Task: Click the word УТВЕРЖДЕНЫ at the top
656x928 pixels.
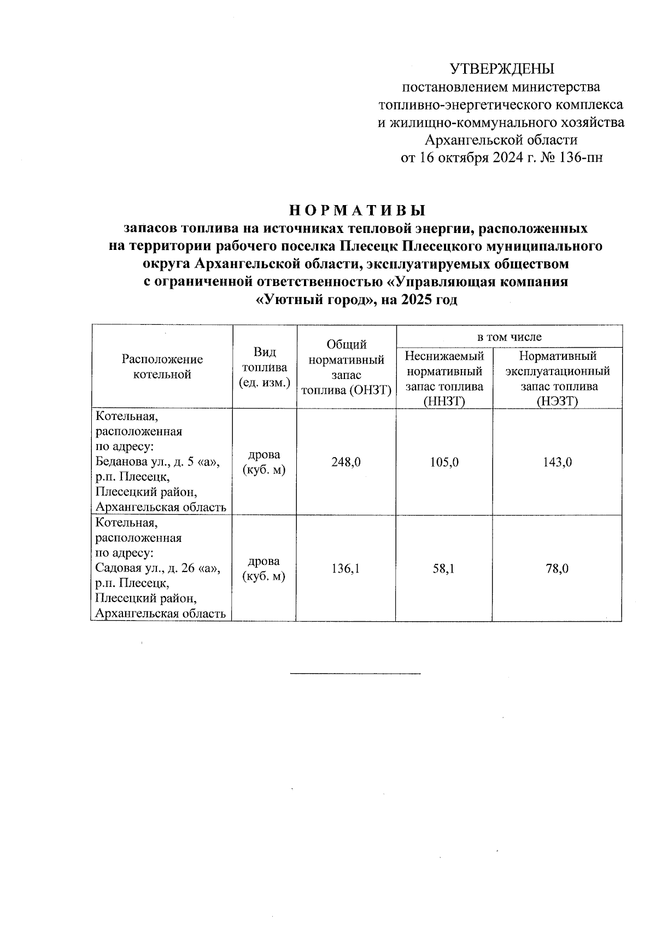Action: click(502, 68)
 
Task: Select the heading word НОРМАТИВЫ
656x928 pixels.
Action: click(356, 211)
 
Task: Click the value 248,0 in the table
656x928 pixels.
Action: click(345, 462)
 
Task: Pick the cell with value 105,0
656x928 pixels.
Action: click(444, 462)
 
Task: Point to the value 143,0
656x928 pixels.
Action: click(557, 462)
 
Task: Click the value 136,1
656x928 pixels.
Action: click(345, 569)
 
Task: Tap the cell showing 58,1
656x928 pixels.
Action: click(444, 569)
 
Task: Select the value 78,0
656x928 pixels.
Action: click(557, 569)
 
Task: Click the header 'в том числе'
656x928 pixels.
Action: click(509, 337)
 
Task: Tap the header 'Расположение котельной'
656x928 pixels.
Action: click(162, 366)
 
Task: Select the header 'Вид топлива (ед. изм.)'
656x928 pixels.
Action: click(264, 367)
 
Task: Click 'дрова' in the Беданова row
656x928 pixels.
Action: click(264, 455)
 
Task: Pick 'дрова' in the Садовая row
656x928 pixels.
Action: click(264, 562)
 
